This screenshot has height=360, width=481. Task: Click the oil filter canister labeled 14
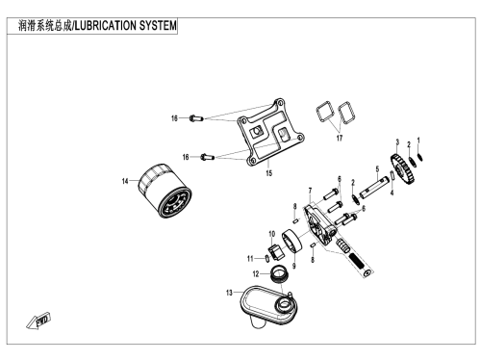click(x=165, y=192)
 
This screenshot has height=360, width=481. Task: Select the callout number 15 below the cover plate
click(x=268, y=173)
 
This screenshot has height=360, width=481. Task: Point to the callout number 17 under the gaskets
click(x=340, y=138)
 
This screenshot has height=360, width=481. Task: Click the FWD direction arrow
click(x=38, y=321)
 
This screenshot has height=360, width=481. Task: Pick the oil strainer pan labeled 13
click(x=268, y=305)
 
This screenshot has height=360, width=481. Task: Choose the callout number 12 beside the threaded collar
click(x=256, y=273)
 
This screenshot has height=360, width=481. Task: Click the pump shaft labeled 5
click(x=373, y=189)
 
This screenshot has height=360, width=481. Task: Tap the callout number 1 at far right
click(x=418, y=141)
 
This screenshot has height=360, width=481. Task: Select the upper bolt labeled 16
click(x=196, y=118)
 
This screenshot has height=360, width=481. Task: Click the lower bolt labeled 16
click(x=207, y=157)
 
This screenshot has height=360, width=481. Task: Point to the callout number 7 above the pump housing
click(x=310, y=191)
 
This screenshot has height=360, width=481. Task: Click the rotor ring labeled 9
click(x=292, y=242)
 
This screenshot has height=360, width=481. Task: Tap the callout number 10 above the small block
click(x=271, y=234)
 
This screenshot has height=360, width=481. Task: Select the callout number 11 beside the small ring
click(x=250, y=259)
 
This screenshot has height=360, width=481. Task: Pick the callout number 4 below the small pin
click(x=392, y=193)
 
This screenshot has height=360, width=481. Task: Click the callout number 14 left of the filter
click(x=125, y=181)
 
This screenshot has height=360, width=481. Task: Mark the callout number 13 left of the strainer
click(x=229, y=293)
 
